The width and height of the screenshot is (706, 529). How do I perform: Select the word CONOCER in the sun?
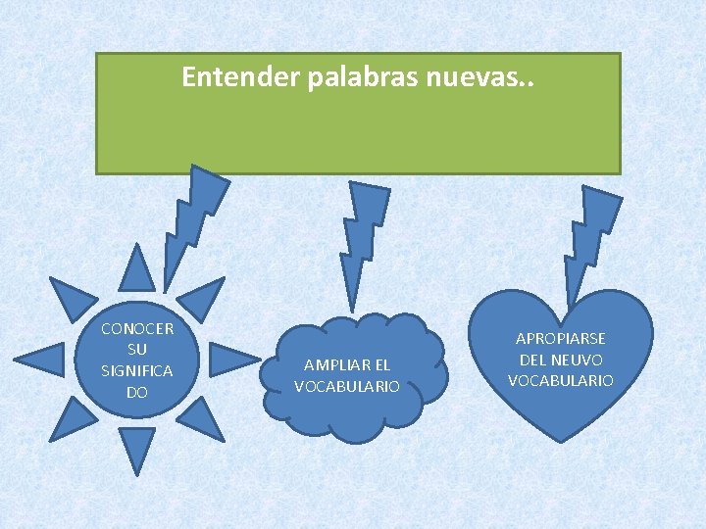click(x=137, y=328)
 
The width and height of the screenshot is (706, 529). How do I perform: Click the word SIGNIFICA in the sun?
click(x=137, y=371)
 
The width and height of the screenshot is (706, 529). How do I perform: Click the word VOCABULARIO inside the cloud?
click(x=347, y=386)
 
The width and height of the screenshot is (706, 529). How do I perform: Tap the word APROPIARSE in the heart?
click(x=562, y=339)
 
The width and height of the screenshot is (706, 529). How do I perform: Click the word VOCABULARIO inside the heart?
click(x=562, y=380)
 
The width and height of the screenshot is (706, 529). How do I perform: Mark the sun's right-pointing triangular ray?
click(x=230, y=361)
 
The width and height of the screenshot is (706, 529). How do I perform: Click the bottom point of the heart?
click(x=562, y=436)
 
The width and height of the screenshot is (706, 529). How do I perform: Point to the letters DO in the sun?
click(x=137, y=393)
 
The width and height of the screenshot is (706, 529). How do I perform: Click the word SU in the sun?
click(x=137, y=350)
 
